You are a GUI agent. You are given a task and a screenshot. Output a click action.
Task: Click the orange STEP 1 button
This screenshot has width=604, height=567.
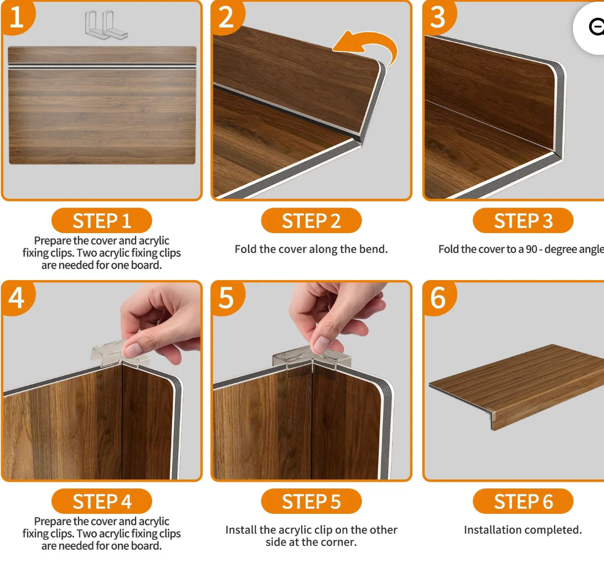pyautogui.click(x=101, y=221)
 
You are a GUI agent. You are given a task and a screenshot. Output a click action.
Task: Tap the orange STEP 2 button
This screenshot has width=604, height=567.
pyautogui.click(x=311, y=221)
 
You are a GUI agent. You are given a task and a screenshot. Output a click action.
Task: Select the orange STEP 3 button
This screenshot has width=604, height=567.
pyautogui.click(x=523, y=221)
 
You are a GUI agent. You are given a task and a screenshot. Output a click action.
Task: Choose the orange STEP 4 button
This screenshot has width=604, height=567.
pyautogui.click(x=101, y=502)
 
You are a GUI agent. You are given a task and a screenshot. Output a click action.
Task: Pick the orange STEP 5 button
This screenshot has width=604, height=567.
pyautogui.click(x=311, y=502)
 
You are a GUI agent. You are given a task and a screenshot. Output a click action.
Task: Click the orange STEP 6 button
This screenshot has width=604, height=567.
pyautogui.click(x=523, y=502)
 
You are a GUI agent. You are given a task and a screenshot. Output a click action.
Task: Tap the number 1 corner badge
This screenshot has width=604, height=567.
pyautogui.click(x=17, y=17)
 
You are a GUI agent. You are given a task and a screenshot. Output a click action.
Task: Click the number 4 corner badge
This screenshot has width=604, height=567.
pyautogui.click(x=17, y=297)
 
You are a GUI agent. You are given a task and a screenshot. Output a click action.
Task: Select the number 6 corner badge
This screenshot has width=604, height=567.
pyautogui.click(x=438, y=297)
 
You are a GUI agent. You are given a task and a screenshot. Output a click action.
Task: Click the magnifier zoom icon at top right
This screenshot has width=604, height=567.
pyautogui.click(x=595, y=27)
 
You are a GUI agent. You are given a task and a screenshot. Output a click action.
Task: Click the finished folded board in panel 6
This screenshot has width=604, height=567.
pyautogui.click(x=515, y=382)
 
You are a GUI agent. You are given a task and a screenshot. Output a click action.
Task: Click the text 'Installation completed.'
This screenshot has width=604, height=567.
pyautogui.click(x=523, y=530)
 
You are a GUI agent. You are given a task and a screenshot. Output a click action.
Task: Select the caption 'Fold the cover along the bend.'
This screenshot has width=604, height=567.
pyautogui.click(x=311, y=249)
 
